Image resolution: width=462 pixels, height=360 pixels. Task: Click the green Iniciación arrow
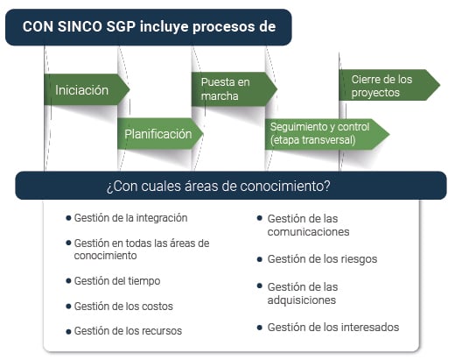[83, 89]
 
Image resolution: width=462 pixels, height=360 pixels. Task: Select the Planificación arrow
[158, 134]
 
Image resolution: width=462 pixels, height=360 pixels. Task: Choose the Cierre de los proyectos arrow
[386, 85]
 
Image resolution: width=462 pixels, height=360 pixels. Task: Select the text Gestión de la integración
[130, 218]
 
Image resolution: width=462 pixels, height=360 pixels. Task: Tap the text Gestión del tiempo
[117, 281]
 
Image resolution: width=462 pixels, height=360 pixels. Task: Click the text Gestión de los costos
[123, 307]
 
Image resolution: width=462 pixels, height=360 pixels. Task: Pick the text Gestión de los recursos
[128, 331]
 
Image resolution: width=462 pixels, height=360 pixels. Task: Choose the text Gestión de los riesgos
[320, 259]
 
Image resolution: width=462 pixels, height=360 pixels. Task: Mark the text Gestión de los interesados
[332, 328]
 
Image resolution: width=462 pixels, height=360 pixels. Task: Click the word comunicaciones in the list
[308, 232]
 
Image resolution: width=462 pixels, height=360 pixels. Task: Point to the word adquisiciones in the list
[301, 300]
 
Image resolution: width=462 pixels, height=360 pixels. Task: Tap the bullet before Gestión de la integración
[68, 218]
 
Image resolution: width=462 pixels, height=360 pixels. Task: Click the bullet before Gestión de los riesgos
[260, 259]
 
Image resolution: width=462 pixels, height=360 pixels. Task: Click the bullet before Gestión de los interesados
[260, 328]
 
